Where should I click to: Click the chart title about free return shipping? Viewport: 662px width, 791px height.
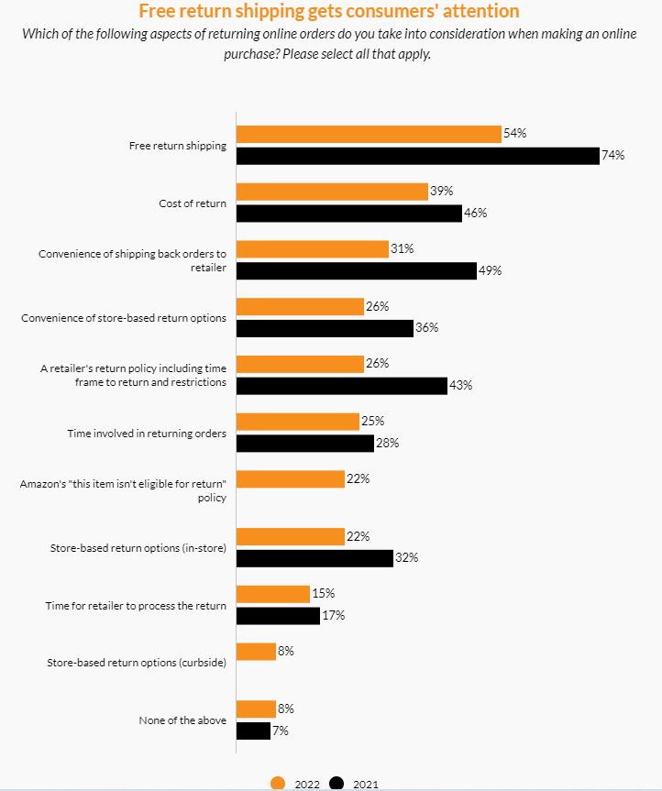(328, 11)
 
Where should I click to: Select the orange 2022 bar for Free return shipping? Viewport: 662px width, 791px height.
(369, 134)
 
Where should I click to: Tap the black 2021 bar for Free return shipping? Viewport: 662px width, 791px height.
(417, 156)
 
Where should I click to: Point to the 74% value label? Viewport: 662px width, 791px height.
(612, 156)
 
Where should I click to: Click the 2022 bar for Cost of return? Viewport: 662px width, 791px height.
(332, 192)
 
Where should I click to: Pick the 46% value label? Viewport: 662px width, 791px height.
(475, 214)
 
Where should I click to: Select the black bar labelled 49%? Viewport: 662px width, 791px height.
(357, 270)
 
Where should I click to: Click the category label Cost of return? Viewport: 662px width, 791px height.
(193, 203)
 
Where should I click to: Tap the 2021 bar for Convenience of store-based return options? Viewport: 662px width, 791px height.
(325, 328)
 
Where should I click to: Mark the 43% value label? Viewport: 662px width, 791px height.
(460, 385)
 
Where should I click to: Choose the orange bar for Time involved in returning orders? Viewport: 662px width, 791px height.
(298, 422)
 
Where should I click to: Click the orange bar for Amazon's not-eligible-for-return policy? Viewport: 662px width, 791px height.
(291, 478)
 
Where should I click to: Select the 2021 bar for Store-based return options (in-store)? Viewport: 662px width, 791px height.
(314, 558)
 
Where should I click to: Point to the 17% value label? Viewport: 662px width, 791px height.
(333, 616)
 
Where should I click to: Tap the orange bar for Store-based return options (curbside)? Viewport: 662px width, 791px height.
(256, 651)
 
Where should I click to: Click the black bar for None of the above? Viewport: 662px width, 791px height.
(253, 731)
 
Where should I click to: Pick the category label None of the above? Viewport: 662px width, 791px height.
(182, 720)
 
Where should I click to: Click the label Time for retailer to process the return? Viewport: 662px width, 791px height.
(136, 606)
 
